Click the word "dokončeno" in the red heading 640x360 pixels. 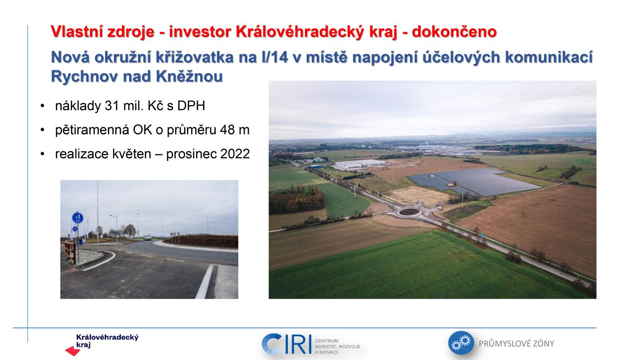click(454, 32)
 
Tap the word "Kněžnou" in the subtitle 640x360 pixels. click(189, 76)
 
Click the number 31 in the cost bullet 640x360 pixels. click(112, 106)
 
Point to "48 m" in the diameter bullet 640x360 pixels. click(235, 130)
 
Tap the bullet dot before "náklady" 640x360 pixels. click(43, 106)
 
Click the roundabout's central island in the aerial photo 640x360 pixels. click(409, 212)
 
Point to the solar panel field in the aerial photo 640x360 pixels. click(475, 181)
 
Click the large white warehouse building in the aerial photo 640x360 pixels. click(359, 164)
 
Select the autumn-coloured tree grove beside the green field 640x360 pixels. click(297, 200)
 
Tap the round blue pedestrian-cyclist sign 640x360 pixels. click(77, 218)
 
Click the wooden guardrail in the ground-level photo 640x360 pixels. click(70, 251)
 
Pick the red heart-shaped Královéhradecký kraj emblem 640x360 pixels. click(73, 351)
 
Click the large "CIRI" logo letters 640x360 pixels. click(286, 344)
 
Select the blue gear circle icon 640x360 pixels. click(461, 343)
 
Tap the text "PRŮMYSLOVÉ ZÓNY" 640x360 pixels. click(517, 344)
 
